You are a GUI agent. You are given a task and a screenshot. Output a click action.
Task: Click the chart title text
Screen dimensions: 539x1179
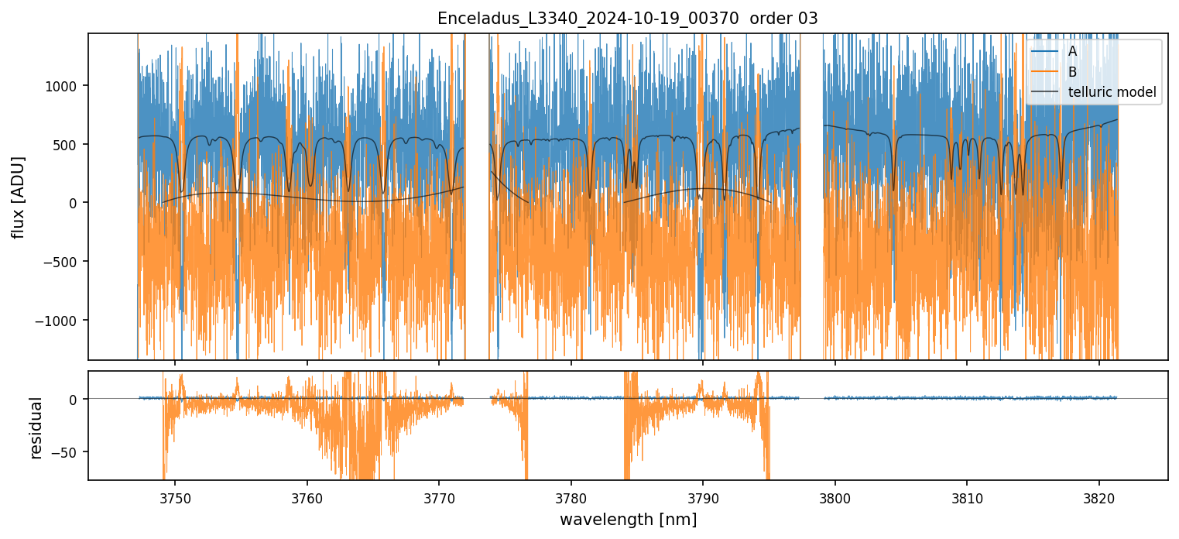tap(628, 19)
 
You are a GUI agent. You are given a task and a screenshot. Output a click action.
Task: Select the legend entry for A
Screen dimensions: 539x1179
tap(1072, 51)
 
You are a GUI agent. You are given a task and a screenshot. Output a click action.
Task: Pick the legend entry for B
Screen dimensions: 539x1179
tap(1072, 71)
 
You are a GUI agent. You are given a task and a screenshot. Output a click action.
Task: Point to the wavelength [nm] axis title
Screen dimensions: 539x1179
tap(628, 520)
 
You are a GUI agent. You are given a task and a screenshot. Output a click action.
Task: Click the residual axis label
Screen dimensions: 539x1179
tap(35, 427)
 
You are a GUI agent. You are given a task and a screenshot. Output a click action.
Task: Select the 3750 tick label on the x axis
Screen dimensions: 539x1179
tap(175, 496)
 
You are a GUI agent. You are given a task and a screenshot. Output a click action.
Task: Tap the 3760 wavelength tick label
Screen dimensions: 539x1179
tap(307, 496)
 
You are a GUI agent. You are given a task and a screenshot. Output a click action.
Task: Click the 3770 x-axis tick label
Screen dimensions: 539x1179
tap(439, 496)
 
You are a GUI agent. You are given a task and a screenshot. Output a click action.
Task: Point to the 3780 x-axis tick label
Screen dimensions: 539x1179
tap(571, 496)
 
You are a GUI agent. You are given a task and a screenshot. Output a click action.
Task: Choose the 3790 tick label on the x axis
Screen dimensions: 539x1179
tap(703, 496)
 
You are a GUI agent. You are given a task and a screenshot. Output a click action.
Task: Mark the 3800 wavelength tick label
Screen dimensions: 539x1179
tap(835, 496)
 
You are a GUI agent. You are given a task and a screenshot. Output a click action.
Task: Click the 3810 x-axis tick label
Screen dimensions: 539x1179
tap(967, 496)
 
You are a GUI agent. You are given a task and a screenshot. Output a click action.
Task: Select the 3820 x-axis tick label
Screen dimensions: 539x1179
tap(1099, 496)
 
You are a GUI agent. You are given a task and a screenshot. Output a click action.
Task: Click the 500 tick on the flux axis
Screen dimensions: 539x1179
tap(70, 144)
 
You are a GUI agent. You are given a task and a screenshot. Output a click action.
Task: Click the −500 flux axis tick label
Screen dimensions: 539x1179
tap(67, 262)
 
